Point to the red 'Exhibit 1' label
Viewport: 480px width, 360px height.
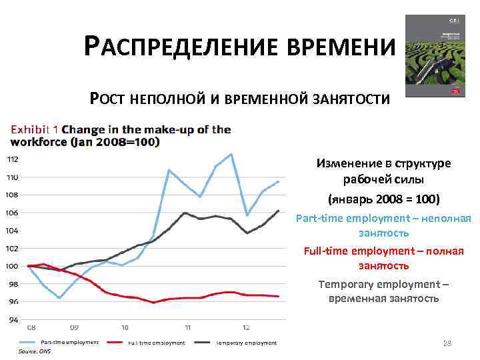(x=34, y=129)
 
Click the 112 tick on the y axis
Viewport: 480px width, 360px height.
(x=13, y=159)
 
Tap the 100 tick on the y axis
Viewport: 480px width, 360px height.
(x=13, y=266)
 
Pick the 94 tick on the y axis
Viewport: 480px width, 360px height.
(x=13, y=319)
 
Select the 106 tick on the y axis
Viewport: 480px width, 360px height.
(x=13, y=213)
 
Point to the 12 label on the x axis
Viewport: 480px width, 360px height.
(x=245, y=327)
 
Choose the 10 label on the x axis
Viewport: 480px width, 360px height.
(x=125, y=327)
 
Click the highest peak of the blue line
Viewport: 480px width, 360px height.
(x=231, y=154)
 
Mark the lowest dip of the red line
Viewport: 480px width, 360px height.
(x=153, y=303)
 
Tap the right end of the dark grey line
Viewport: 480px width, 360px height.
(x=279, y=211)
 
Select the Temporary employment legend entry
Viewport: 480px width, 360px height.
(x=245, y=343)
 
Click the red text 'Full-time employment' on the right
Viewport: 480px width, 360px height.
(x=383, y=251)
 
